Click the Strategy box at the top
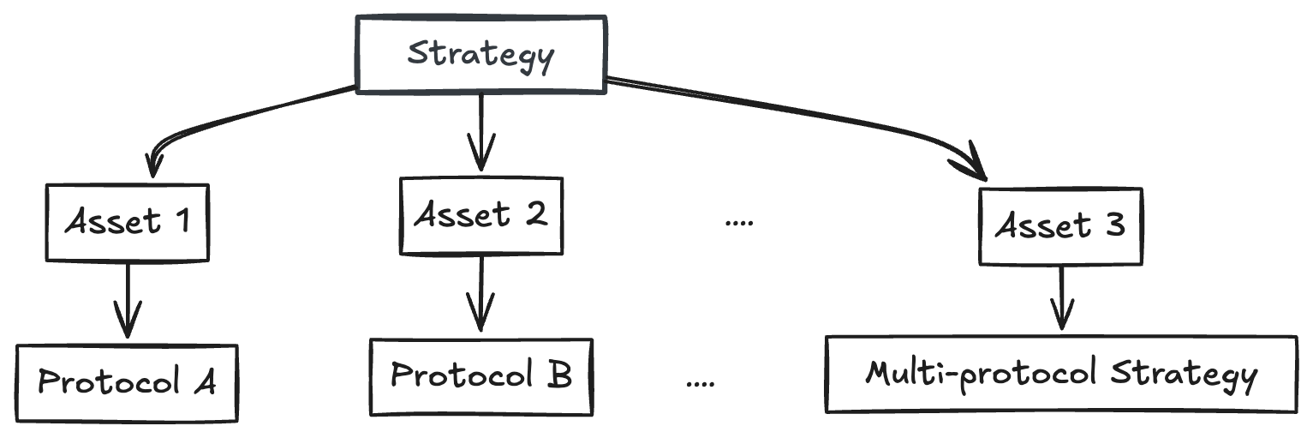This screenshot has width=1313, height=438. [480, 54]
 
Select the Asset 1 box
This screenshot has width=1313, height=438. [127, 222]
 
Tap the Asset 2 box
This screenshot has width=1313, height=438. [480, 215]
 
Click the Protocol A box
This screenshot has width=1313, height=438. [127, 382]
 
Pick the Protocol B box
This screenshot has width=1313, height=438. [480, 375]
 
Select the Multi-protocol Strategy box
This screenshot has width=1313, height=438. [1061, 375]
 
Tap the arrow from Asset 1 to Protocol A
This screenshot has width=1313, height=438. [128, 300]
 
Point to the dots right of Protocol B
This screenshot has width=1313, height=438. [701, 383]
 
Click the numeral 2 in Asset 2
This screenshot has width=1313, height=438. [535, 215]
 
